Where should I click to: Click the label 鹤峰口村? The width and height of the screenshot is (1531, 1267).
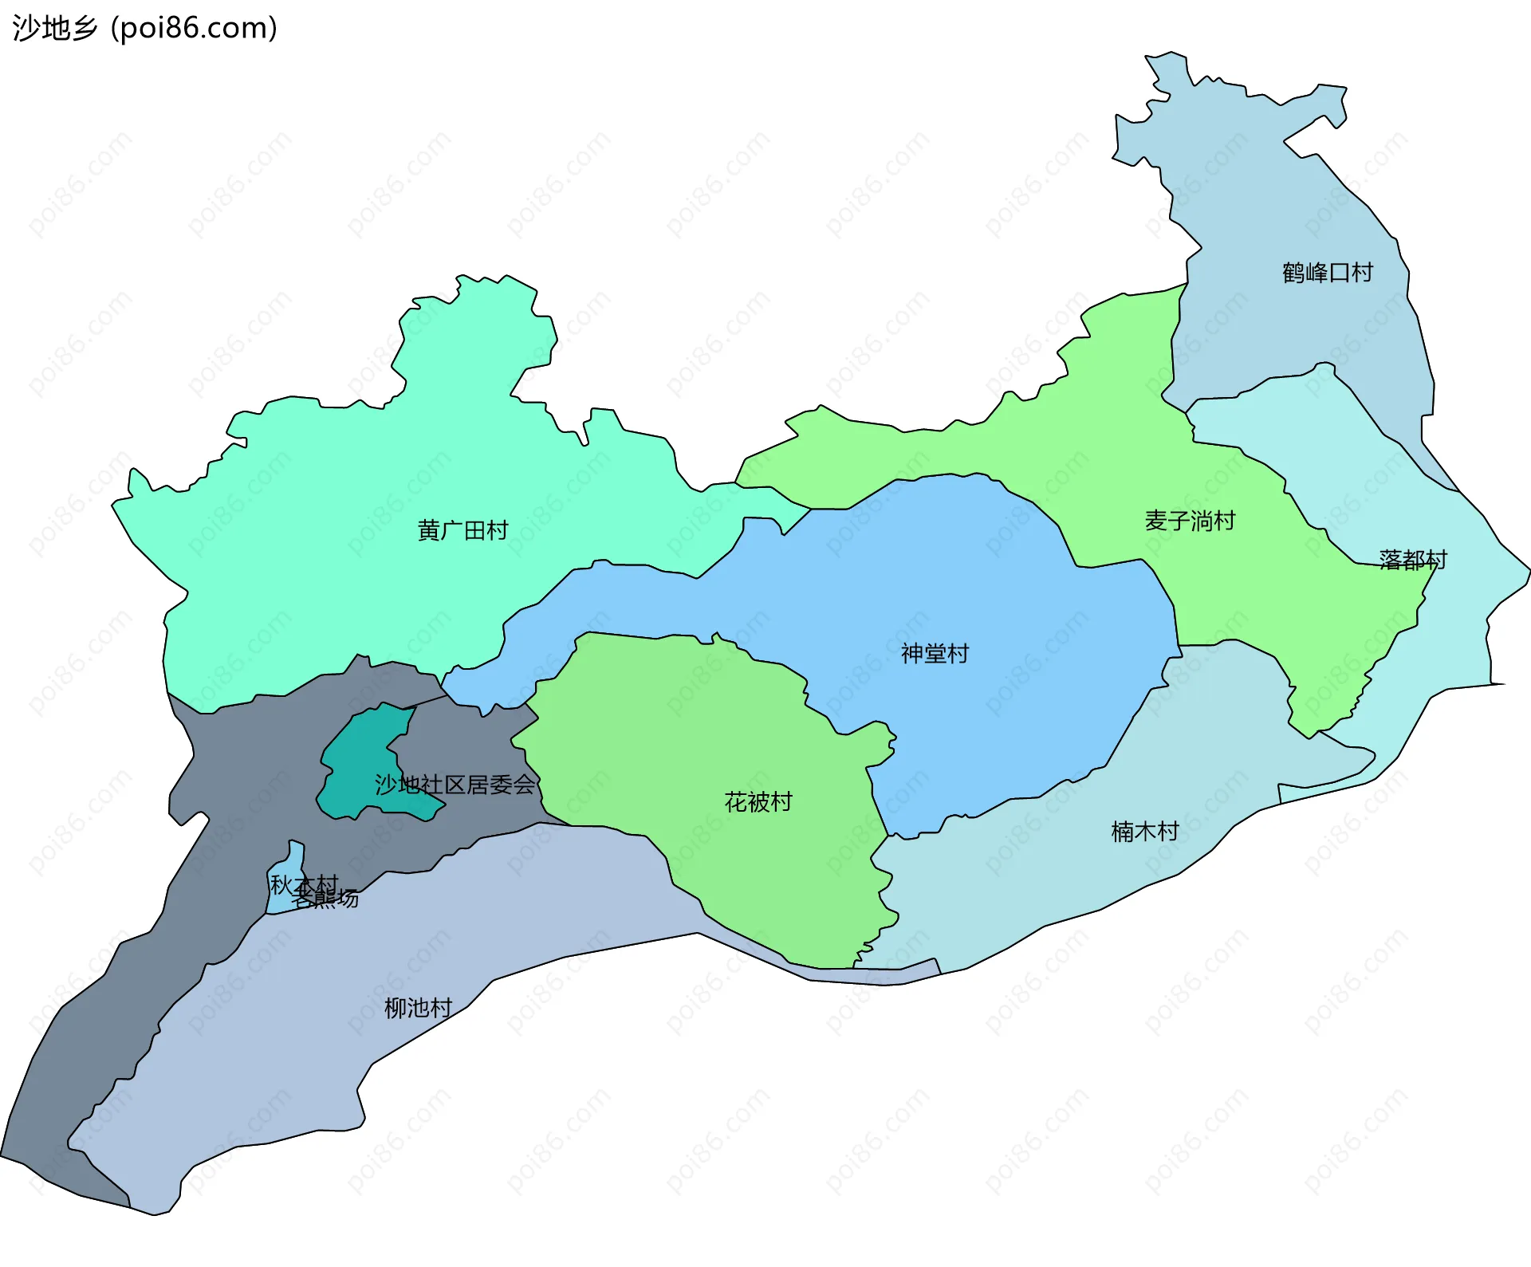click(1328, 273)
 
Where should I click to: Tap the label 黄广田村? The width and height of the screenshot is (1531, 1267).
click(462, 530)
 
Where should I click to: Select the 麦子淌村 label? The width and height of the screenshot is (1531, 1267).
click(1190, 521)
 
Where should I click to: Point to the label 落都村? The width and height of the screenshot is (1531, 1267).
click(1413, 560)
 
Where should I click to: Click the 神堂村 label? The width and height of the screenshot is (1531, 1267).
click(935, 654)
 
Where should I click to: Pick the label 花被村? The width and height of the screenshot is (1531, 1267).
click(758, 802)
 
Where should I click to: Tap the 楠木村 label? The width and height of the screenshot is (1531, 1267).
click(1145, 832)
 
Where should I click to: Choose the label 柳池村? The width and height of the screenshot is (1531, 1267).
click(418, 1009)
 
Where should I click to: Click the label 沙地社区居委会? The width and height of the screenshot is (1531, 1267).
click(455, 785)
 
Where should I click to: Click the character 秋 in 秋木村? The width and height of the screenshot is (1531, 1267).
click(281, 885)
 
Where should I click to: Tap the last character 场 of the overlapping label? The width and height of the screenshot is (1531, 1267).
click(348, 899)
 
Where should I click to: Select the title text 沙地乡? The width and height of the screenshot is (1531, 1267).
click(54, 29)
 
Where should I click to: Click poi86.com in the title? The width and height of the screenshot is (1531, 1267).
click(195, 29)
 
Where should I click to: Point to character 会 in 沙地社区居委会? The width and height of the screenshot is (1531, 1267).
click(524, 785)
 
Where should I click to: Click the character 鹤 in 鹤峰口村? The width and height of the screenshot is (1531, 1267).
click(1293, 273)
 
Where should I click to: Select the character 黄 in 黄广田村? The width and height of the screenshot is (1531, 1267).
click(429, 530)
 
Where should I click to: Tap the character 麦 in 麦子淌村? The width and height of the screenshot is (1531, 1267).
click(1156, 521)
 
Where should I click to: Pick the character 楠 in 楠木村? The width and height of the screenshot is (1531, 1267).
click(1123, 832)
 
